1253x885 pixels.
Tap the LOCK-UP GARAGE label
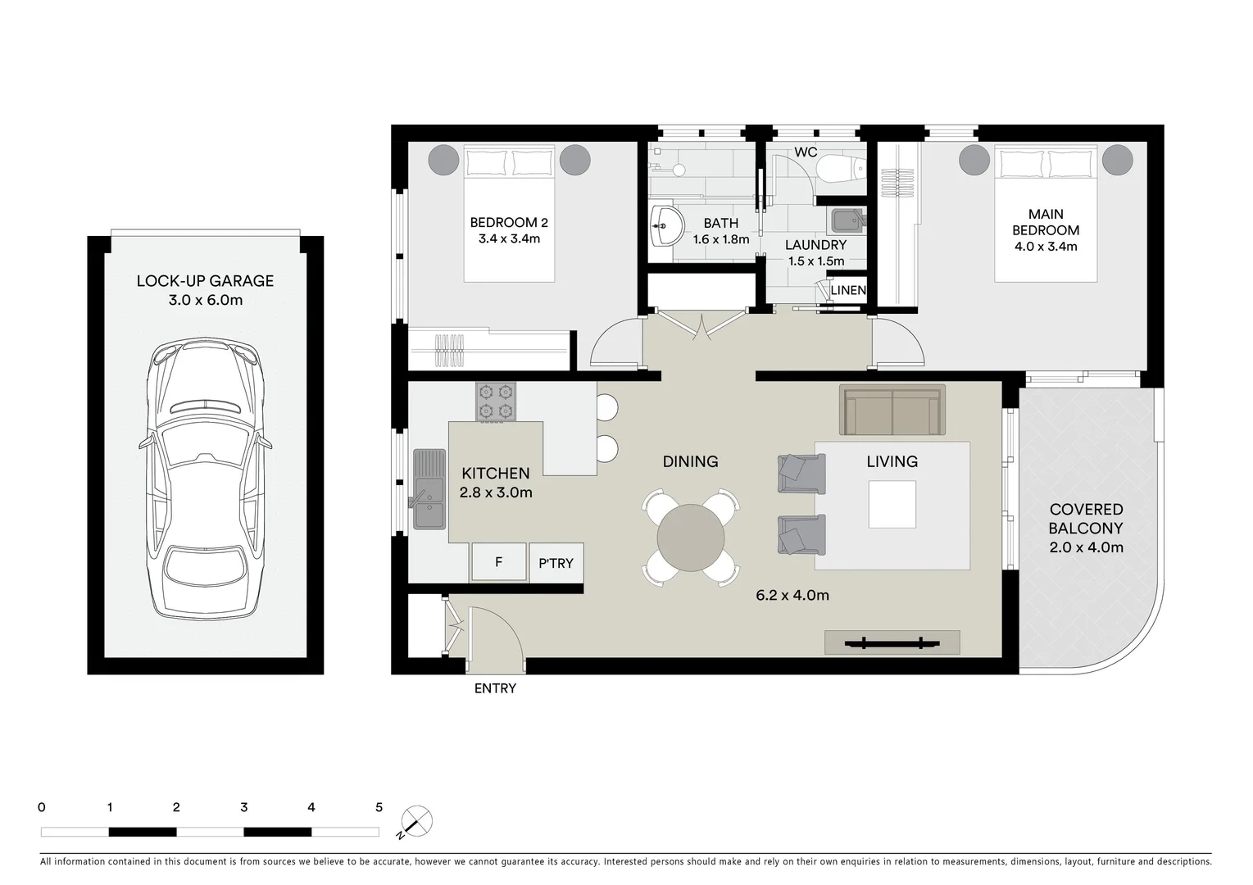(x=205, y=281)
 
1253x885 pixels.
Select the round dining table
(x=690, y=538)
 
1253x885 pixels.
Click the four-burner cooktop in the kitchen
(x=496, y=402)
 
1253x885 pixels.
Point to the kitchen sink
(x=429, y=488)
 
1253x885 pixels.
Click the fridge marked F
(x=498, y=562)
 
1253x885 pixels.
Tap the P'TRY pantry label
(x=556, y=563)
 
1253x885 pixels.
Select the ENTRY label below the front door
(x=495, y=688)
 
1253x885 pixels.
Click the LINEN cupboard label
(x=847, y=290)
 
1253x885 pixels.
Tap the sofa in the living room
(x=892, y=410)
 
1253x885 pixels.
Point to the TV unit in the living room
(x=892, y=642)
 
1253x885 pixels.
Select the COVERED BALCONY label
(x=1086, y=519)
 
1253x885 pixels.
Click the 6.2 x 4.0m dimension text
(x=792, y=595)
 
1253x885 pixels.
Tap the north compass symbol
(x=417, y=821)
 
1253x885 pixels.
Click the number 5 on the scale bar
(x=379, y=807)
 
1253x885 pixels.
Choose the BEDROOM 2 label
(x=508, y=222)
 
